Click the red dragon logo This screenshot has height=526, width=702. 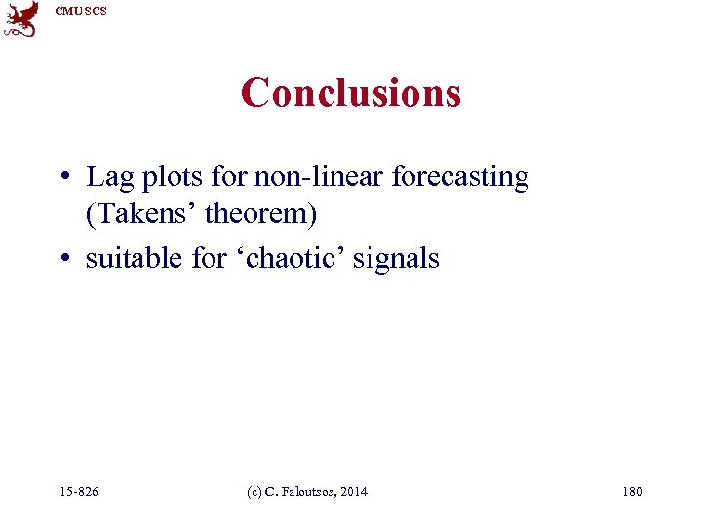[21, 19]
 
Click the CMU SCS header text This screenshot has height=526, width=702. [81, 11]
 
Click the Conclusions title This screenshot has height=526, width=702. [351, 93]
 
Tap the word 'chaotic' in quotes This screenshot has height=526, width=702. [285, 258]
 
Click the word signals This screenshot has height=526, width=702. [402, 259]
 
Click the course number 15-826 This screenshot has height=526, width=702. [78, 492]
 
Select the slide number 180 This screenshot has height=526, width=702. [631, 492]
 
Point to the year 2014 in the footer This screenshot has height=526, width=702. [353, 492]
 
